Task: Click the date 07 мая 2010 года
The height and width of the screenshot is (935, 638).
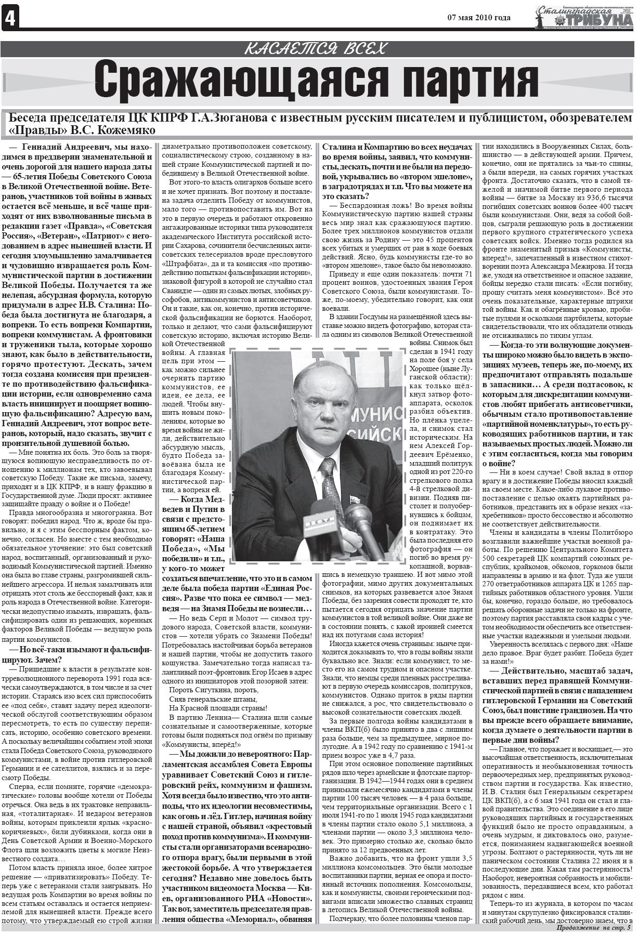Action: click(478, 18)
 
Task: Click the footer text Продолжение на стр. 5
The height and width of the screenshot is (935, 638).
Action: click(593, 929)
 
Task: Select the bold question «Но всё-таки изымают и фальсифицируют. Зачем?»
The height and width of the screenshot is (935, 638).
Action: click(77, 654)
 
